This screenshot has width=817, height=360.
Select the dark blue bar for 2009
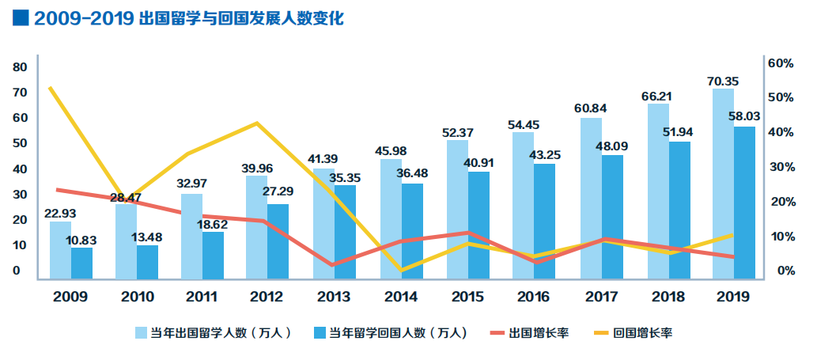81,263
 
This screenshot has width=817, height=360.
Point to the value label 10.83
82,238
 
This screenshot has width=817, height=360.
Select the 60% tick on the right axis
783,63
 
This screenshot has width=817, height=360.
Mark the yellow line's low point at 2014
402,271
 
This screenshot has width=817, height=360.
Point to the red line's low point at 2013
332,265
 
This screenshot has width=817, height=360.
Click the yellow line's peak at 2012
257,123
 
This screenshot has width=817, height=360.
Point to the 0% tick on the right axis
786,271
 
